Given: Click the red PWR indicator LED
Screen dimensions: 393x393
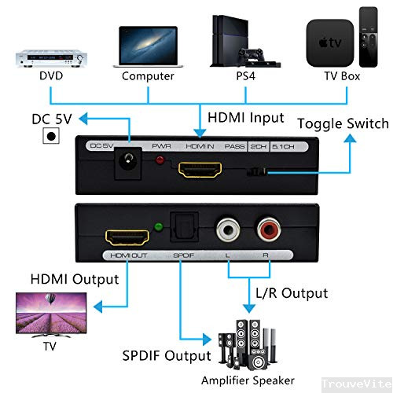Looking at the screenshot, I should [x=162, y=163].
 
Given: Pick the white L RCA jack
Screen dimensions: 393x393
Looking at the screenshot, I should [x=229, y=232].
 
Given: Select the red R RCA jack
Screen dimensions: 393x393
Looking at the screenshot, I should [x=266, y=232].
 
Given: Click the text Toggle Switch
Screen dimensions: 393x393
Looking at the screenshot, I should [x=342, y=123].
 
